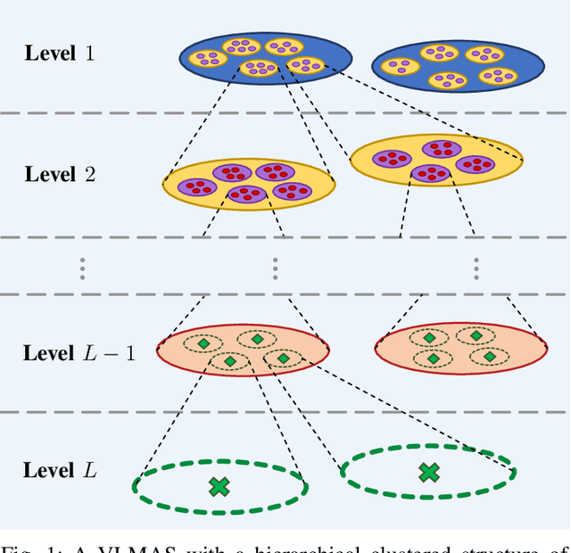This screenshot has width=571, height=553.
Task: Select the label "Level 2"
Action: (x=60, y=174)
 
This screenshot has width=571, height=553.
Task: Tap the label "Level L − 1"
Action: (x=79, y=353)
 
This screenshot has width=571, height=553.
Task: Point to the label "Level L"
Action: (x=61, y=469)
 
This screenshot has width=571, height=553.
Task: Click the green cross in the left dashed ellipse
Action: (x=219, y=486)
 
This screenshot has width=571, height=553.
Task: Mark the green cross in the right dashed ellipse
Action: (x=428, y=472)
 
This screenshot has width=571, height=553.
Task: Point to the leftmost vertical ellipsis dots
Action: (x=82, y=267)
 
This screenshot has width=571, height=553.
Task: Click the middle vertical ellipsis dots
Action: (x=275, y=267)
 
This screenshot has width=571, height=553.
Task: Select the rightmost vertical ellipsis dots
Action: (x=476, y=267)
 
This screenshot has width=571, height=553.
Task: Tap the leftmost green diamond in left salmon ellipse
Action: (x=203, y=343)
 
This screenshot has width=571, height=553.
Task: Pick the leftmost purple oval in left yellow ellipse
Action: (x=196, y=186)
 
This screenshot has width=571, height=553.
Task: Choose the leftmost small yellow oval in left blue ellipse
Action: (x=208, y=58)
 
